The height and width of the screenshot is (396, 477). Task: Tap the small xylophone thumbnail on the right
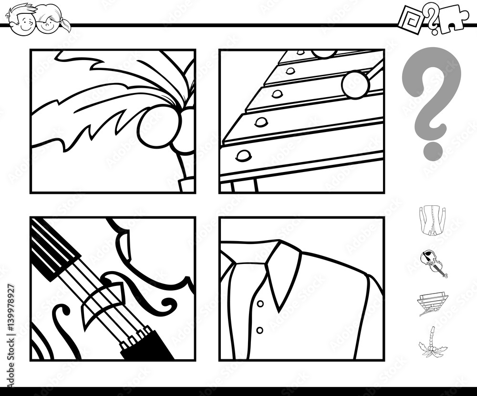click(433, 303)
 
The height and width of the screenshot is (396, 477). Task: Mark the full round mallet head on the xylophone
click(355, 84)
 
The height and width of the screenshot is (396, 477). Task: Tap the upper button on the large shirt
click(260, 303)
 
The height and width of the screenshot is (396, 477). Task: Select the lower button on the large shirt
click(260, 330)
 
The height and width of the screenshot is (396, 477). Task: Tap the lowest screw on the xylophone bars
click(243, 155)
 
